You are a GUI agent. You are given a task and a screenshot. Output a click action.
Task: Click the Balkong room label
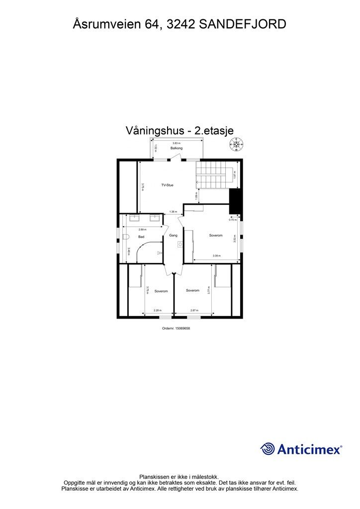coord(177,149)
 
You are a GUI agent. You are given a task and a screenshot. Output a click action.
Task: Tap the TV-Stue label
coord(167,185)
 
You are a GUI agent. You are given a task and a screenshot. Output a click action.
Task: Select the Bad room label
coord(141,237)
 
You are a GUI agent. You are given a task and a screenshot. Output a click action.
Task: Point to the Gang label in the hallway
coord(173,235)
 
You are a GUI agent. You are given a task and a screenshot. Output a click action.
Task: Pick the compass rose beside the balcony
coord(236,145)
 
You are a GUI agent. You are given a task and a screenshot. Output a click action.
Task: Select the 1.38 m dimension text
coord(173,212)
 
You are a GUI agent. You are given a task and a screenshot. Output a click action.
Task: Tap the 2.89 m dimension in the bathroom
coord(142,230)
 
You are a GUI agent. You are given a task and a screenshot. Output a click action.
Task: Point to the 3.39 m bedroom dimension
coord(216,256)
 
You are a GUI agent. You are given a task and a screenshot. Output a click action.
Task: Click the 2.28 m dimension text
coord(157,311)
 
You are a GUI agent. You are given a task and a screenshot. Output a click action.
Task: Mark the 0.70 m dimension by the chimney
coord(232,219)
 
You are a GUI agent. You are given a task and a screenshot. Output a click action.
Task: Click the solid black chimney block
coord(235,201)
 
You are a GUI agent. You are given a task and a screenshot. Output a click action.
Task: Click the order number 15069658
coord(177,328)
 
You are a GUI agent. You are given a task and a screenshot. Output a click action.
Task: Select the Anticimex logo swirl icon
coord(268,449)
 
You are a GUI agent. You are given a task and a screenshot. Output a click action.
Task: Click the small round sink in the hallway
coord(180,245)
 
